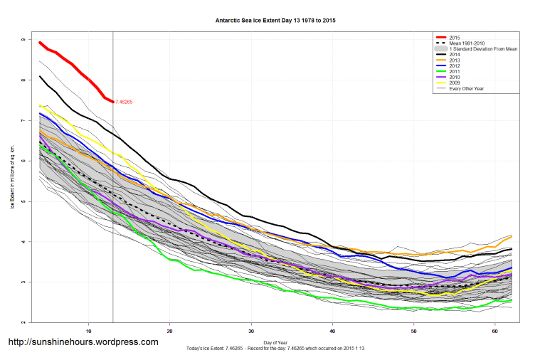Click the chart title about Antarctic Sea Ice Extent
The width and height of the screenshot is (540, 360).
coord(275,21)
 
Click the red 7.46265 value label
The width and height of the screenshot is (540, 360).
coord(125,102)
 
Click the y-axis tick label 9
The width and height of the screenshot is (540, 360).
coord(23,40)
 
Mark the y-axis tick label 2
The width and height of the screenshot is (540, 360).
coord(23,322)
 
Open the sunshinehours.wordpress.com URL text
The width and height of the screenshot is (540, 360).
coord(83,342)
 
